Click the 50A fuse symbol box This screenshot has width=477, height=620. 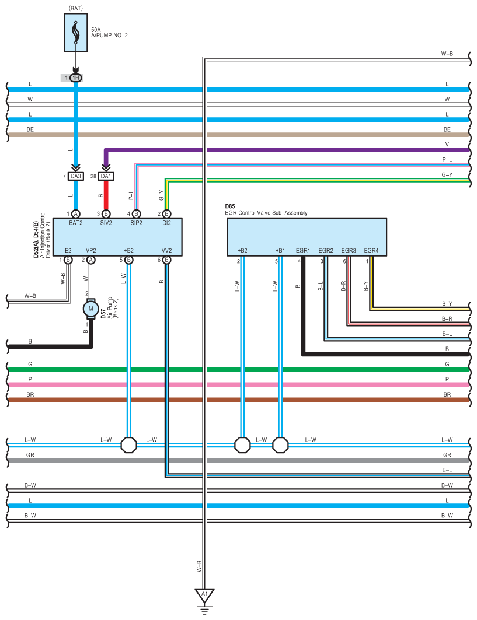75,33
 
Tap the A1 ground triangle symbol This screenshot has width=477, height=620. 205,596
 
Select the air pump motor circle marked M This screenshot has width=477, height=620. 91,309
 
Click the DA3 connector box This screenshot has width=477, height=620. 75,176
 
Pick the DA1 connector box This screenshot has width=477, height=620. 106,176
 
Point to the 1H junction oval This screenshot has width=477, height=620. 75,78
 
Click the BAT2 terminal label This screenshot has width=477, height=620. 75,223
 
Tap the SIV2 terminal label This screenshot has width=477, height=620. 106,223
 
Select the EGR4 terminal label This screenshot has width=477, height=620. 371,250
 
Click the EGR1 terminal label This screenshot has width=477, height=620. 303,250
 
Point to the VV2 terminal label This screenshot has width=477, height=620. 166,250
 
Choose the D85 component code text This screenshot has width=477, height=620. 230,206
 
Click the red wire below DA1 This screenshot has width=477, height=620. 106,195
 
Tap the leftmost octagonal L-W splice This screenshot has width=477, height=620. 128,445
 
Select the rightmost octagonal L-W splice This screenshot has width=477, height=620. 281,445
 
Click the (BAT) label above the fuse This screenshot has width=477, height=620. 75,8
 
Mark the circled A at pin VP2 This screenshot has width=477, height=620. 91,260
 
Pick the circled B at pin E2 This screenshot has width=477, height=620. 68,260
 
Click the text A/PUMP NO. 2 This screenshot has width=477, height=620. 109,36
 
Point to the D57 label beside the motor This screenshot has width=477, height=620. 103,314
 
